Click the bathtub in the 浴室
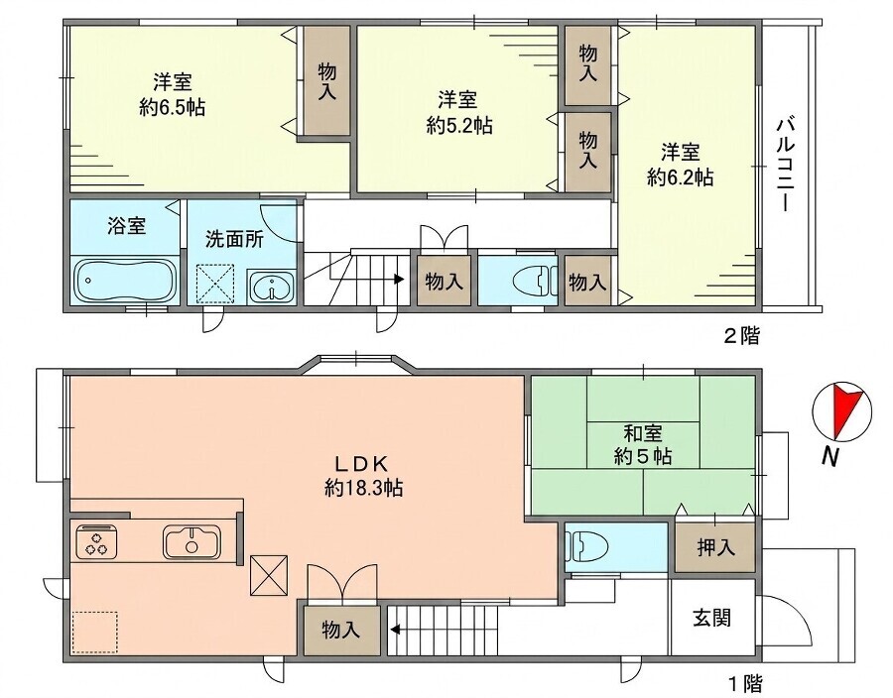tap(126, 281)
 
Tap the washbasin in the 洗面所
tap(271, 288)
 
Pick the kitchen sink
tap(191, 541)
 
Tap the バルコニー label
tap(787, 165)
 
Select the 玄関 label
tap(711, 618)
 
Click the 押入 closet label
tap(715, 548)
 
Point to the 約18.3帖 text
tap(364, 488)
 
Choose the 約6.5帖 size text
tap(172, 107)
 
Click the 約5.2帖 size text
tap(459, 125)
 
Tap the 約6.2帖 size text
tap(680, 177)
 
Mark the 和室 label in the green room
tap(643, 433)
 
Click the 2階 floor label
tap(741, 336)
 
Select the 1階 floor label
tap(746, 682)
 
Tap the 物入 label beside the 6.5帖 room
tap(326, 81)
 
